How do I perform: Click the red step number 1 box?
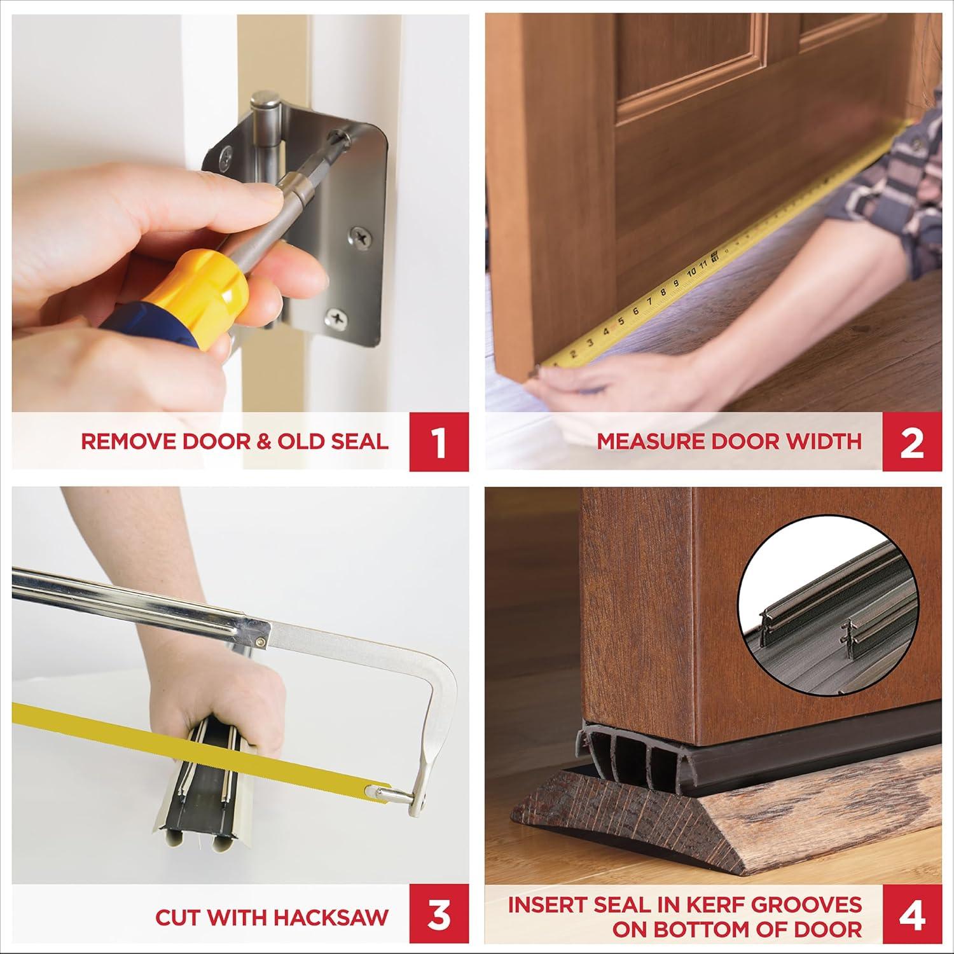[440, 441]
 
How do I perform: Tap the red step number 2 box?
[912, 441]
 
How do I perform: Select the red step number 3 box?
[440, 917]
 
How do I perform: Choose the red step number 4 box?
[912, 917]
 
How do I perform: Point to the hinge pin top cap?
[263, 102]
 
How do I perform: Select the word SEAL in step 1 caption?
[359, 442]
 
